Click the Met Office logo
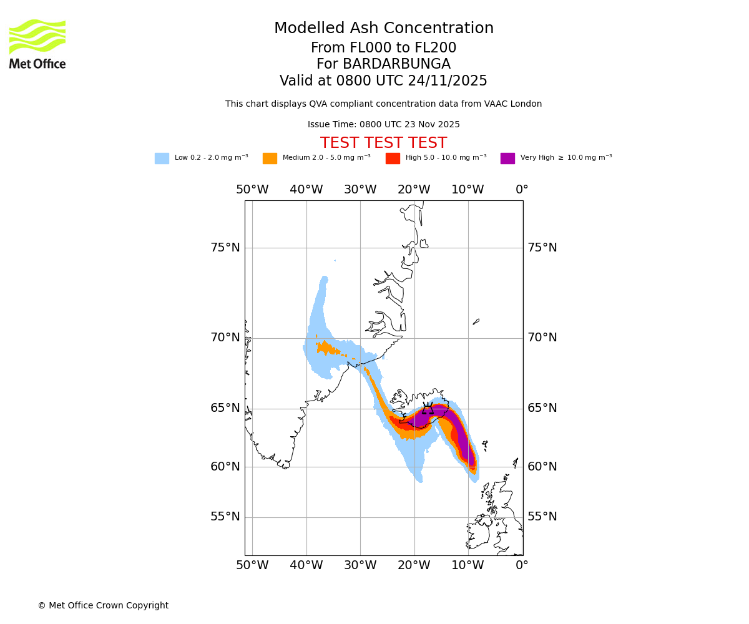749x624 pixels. pos(37,44)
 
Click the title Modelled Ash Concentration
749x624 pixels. pos(383,29)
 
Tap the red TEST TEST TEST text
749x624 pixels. pos(383,143)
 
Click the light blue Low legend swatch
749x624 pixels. pos(162,158)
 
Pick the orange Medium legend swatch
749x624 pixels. pos(270,158)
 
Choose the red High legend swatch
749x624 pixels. pos(393,158)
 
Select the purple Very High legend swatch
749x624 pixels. pos(507,158)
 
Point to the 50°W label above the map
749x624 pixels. pos(252,190)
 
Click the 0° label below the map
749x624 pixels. pos(522,565)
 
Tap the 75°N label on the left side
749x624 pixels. pos(225,248)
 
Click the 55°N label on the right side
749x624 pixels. pos(542,517)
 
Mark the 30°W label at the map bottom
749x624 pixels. pos(360,565)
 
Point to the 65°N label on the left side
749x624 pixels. pos(225,408)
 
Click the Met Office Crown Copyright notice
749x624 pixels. pos(103,605)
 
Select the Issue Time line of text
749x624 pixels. pos(383,125)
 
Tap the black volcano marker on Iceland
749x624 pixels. pos(428,408)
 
